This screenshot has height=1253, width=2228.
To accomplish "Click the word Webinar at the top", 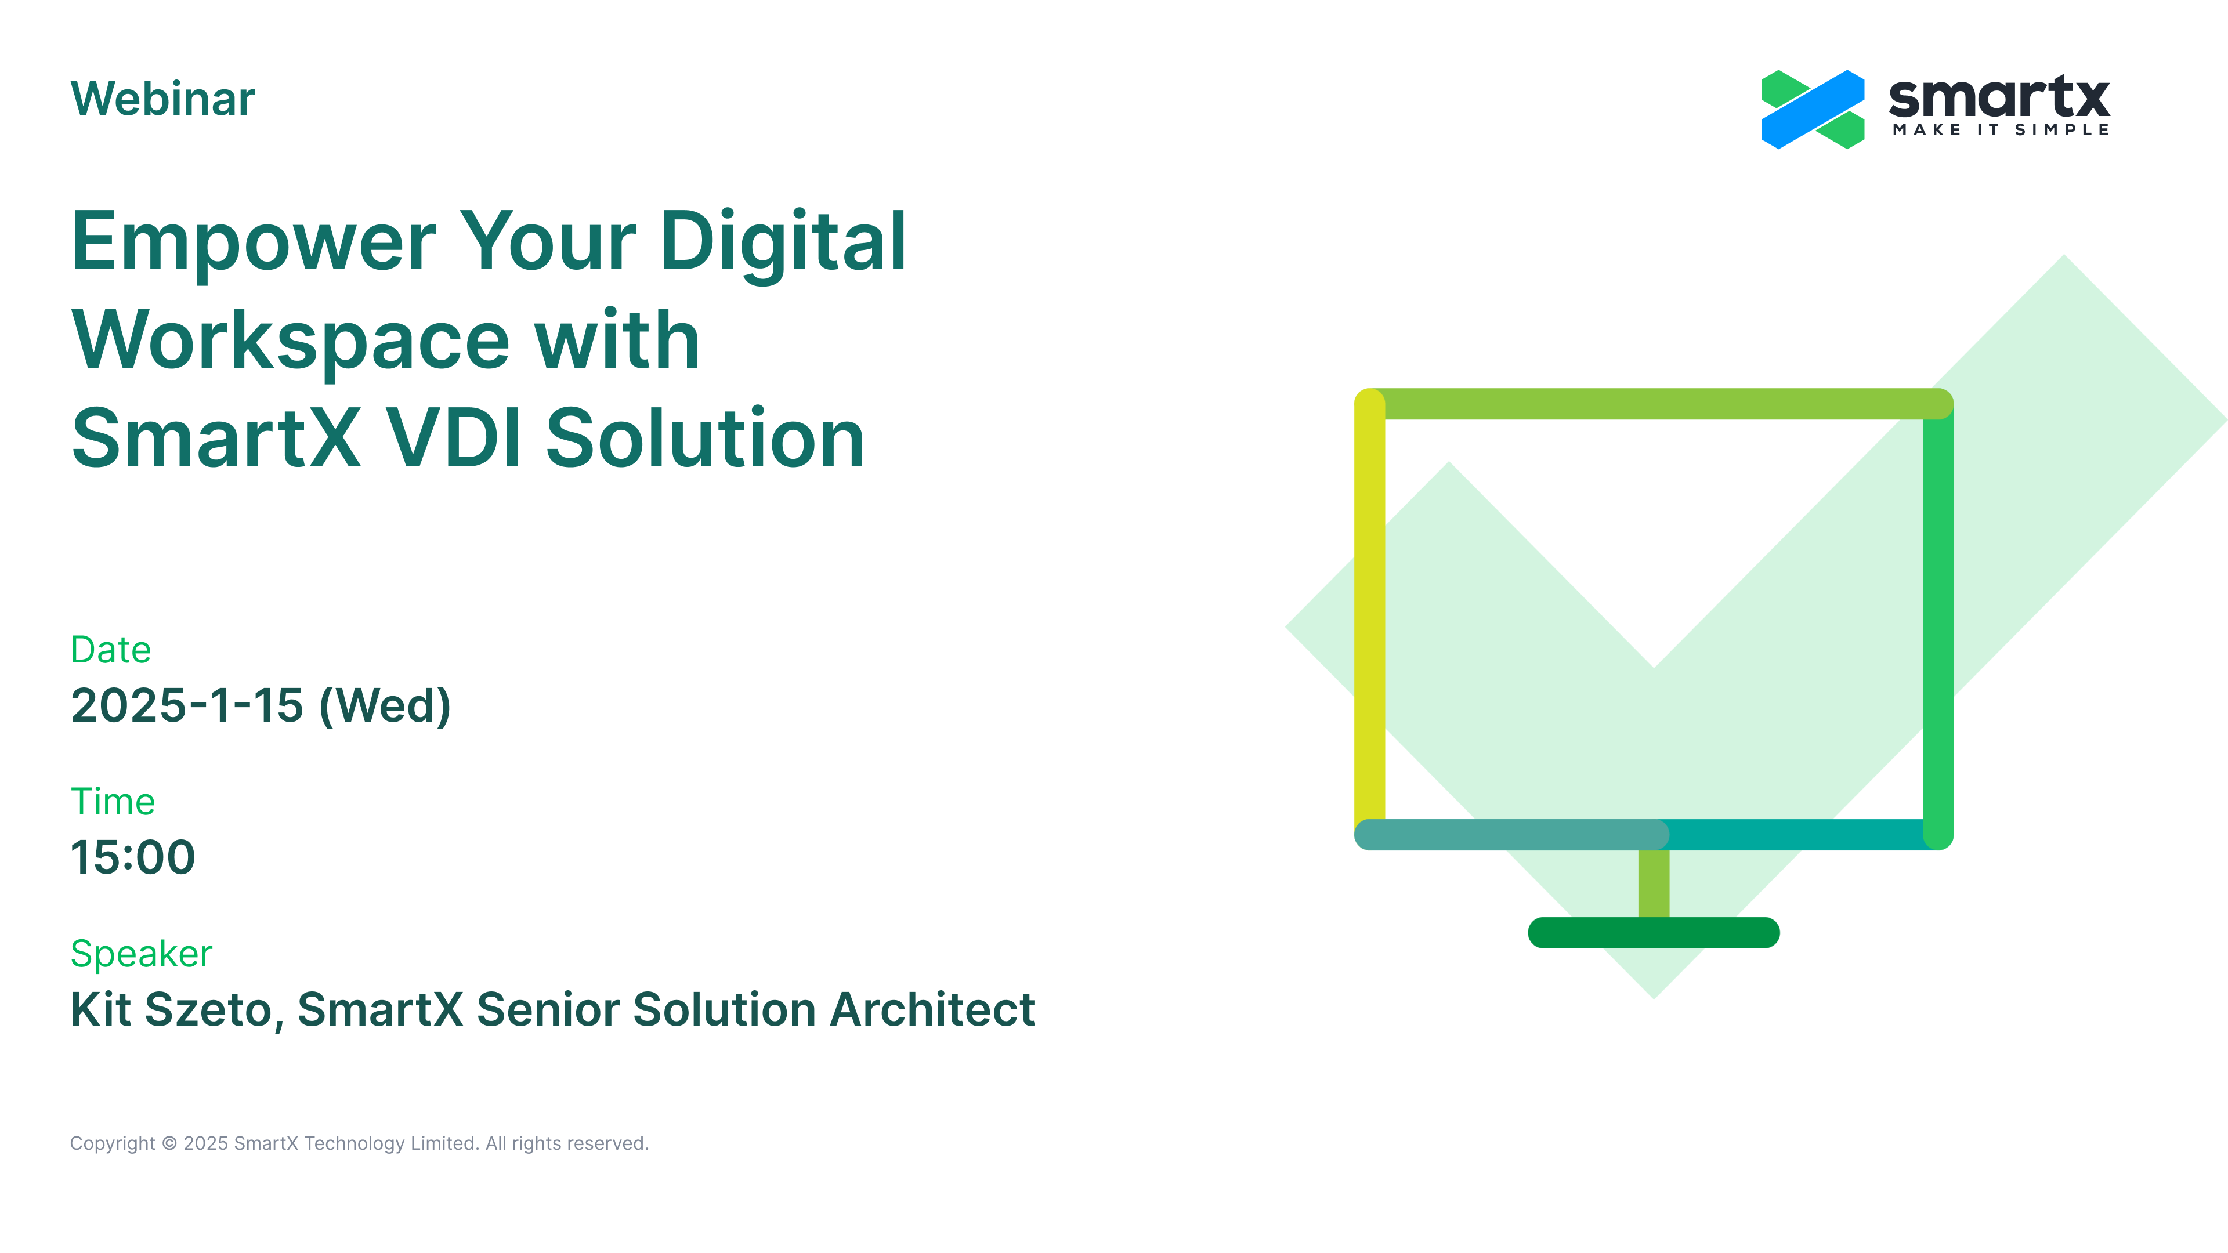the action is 162,99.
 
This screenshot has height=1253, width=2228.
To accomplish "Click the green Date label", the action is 111,650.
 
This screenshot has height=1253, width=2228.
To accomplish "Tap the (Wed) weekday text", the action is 385,707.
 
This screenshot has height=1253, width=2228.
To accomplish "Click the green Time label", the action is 113,802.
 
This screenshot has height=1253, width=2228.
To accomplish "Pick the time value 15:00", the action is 133,858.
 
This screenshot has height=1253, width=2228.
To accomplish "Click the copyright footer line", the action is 359,1143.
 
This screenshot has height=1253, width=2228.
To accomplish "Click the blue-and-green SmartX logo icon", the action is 1813,110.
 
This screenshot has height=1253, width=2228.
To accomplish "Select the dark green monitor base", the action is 1654,933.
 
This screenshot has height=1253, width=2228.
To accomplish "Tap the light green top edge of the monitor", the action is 1654,404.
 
